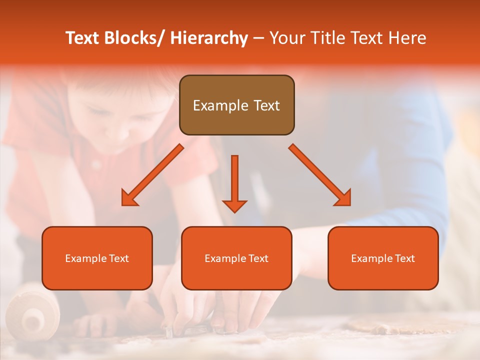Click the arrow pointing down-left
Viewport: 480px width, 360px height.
tap(153, 174)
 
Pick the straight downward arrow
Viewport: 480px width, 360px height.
tap(234, 183)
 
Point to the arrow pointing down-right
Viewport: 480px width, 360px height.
tap(319, 174)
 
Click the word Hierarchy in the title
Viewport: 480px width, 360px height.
tap(209, 38)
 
